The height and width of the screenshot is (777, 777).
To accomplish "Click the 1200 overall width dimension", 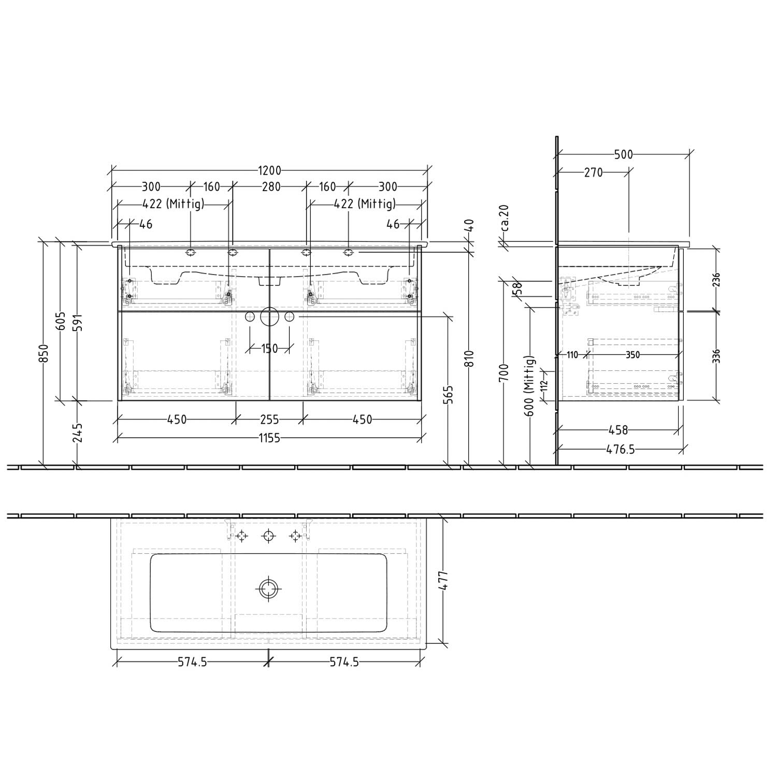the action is pyautogui.click(x=269, y=171).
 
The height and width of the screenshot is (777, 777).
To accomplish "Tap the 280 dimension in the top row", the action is pyautogui.click(x=269, y=186).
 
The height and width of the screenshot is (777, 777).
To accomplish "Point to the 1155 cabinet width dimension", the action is pyautogui.click(x=269, y=438).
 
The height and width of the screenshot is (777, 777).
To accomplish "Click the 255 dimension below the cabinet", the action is pyautogui.click(x=269, y=420).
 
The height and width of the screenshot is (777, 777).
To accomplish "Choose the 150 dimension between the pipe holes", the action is pyautogui.click(x=269, y=349).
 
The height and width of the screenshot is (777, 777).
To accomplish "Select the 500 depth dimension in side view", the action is pyautogui.click(x=623, y=154).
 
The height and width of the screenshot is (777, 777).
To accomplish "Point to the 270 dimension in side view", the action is pyautogui.click(x=594, y=172).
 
